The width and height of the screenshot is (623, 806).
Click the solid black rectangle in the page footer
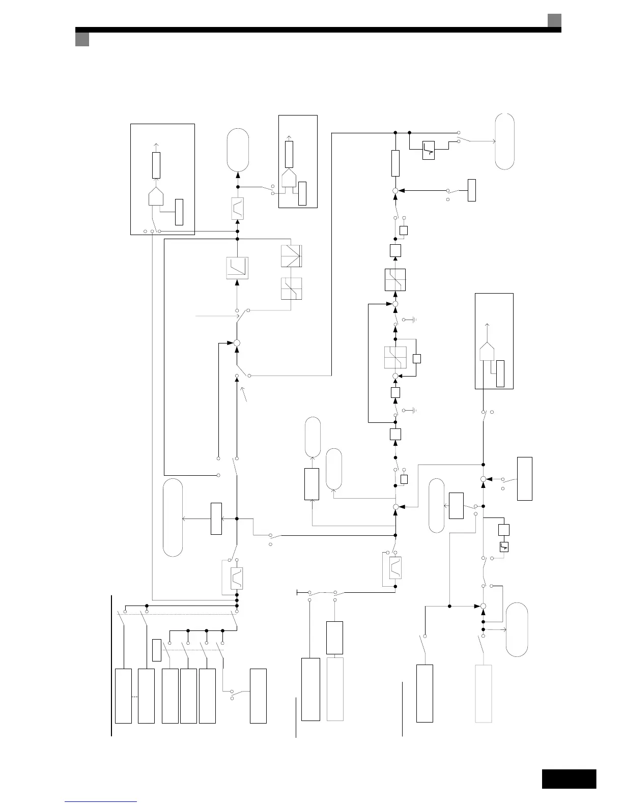[569, 779]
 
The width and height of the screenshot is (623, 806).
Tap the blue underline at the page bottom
[101, 801]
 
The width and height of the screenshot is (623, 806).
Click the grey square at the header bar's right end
[554, 20]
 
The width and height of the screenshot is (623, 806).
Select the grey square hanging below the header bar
[82, 40]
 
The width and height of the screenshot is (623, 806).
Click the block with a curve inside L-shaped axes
[237, 268]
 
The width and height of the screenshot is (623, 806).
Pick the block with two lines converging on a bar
[291, 256]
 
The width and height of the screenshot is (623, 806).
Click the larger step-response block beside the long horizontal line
[429, 150]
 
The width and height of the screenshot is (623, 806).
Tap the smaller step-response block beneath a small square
[504, 547]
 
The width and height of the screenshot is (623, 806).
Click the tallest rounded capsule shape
[173, 517]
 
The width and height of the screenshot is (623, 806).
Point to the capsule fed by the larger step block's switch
[504, 141]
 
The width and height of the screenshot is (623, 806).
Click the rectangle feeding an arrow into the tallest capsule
[216, 519]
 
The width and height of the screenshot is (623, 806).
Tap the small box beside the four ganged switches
[156, 650]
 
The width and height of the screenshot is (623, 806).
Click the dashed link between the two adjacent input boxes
[135, 696]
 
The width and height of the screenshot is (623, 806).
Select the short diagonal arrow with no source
[245, 395]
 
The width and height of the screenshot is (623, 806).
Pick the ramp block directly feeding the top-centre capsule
[237, 209]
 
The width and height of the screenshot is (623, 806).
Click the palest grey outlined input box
[484, 693]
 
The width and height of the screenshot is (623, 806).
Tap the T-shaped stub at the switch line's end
[298, 592]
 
